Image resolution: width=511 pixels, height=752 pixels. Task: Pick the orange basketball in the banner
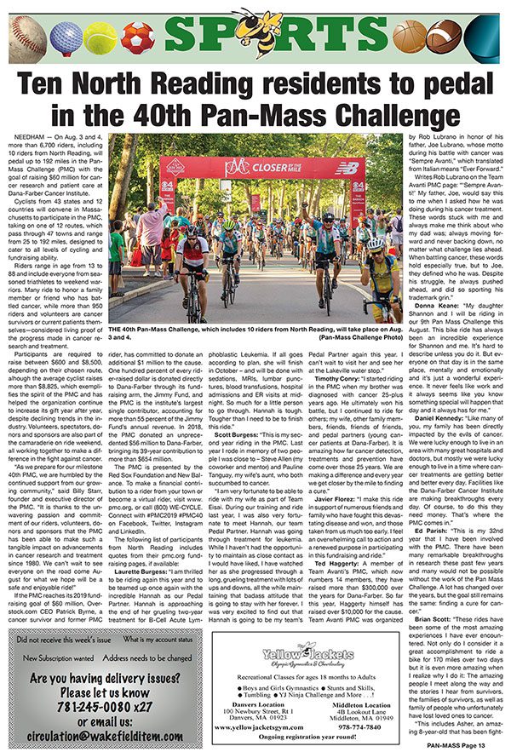tap(409, 36)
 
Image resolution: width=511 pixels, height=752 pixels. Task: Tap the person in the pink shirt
tap(153, 225)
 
